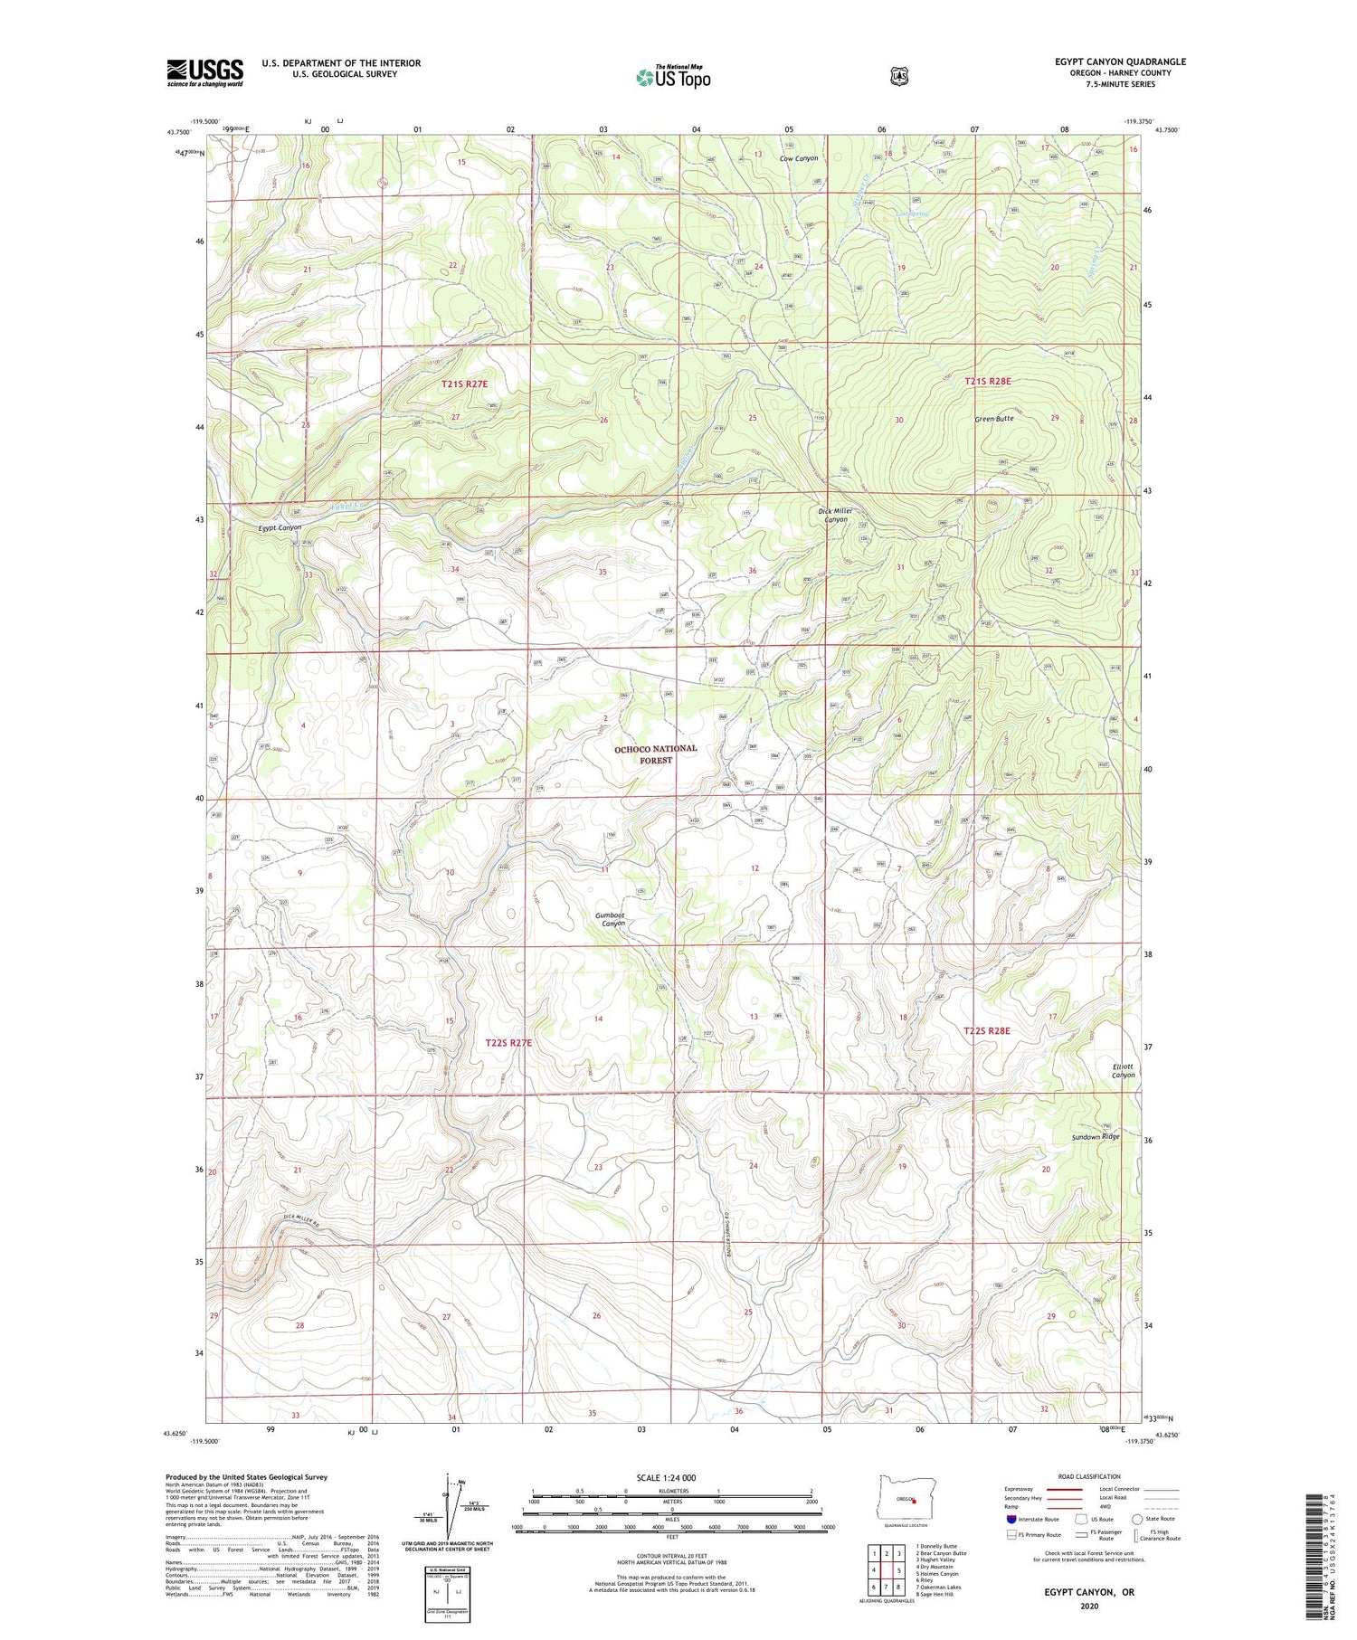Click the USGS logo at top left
[205, 72]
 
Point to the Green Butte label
[994, 419]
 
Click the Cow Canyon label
[798, 158]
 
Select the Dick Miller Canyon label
[835, 516]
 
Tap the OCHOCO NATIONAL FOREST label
[656, 754]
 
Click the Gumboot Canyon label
[611, 919]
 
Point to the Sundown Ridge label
[1096, 1137]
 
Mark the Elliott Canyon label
[1123, 1071]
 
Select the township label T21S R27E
[464, 384]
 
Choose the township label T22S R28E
[986, 1030]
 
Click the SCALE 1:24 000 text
[672, 1477]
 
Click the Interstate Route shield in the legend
[1011, 1519]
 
